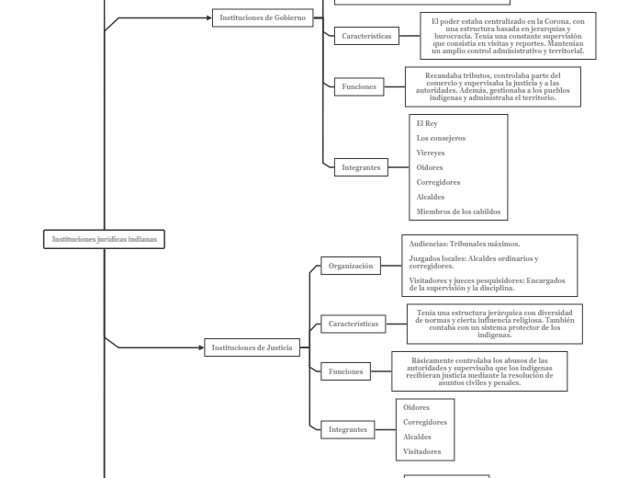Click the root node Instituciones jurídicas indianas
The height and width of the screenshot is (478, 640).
[104, 239]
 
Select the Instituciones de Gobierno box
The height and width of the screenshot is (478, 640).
[263, 17]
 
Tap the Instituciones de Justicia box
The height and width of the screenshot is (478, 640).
[252, 347]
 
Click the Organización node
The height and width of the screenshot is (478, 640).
[351, 266]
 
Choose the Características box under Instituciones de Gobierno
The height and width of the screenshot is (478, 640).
[366, 37]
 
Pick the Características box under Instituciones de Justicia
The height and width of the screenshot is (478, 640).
[354, 324]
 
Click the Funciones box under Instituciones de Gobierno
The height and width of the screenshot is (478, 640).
[359, 86]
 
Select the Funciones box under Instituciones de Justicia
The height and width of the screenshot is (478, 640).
[345, 372]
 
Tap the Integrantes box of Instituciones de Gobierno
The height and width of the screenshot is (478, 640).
[361, 167]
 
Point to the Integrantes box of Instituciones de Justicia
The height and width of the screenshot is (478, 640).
[348, 429]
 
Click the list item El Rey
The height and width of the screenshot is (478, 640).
[427, 123]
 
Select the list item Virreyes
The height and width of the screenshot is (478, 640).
[431, 153]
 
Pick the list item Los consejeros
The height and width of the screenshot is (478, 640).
[441, 138]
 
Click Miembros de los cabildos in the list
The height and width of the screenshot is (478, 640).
[458, 211]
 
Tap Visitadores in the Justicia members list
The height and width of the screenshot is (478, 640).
[422, 451]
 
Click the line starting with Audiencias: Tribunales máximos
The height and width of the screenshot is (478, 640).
[465, 245]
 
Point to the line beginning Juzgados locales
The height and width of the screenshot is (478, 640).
[474, 262]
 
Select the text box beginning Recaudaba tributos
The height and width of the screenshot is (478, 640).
[492, 86]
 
